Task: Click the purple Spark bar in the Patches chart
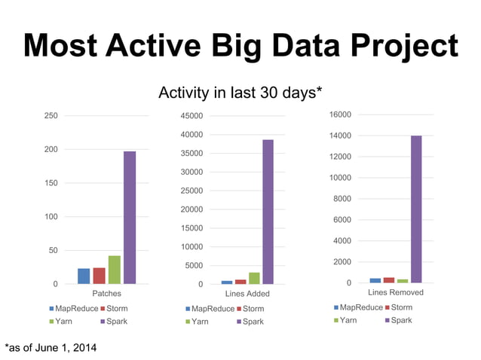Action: [x=130, y=217]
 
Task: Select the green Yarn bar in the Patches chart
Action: [x=114, y=270]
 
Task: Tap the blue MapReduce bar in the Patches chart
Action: [x=84, y=276]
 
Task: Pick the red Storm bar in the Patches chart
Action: [x=99, y=276]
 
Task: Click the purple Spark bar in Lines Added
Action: [x=268, y=212]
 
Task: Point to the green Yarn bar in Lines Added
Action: [x=254, y=278]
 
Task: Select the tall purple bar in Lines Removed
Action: [x=415, y=209]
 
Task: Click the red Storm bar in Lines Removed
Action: [x=388, y=279]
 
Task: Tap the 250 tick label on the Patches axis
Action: [x=50, y=116]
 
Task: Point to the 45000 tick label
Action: [x=191, y=116]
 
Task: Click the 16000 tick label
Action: [x=340, y=114]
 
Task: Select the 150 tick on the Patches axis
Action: [x=50, y=183]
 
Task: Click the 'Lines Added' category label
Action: [x=247, y=294]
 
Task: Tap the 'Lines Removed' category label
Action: [x=395, y=292]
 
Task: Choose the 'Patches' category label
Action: [x=106, y=294]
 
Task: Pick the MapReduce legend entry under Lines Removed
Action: [x=357, y=307]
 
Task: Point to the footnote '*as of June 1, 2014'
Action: [x=51, y=347]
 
